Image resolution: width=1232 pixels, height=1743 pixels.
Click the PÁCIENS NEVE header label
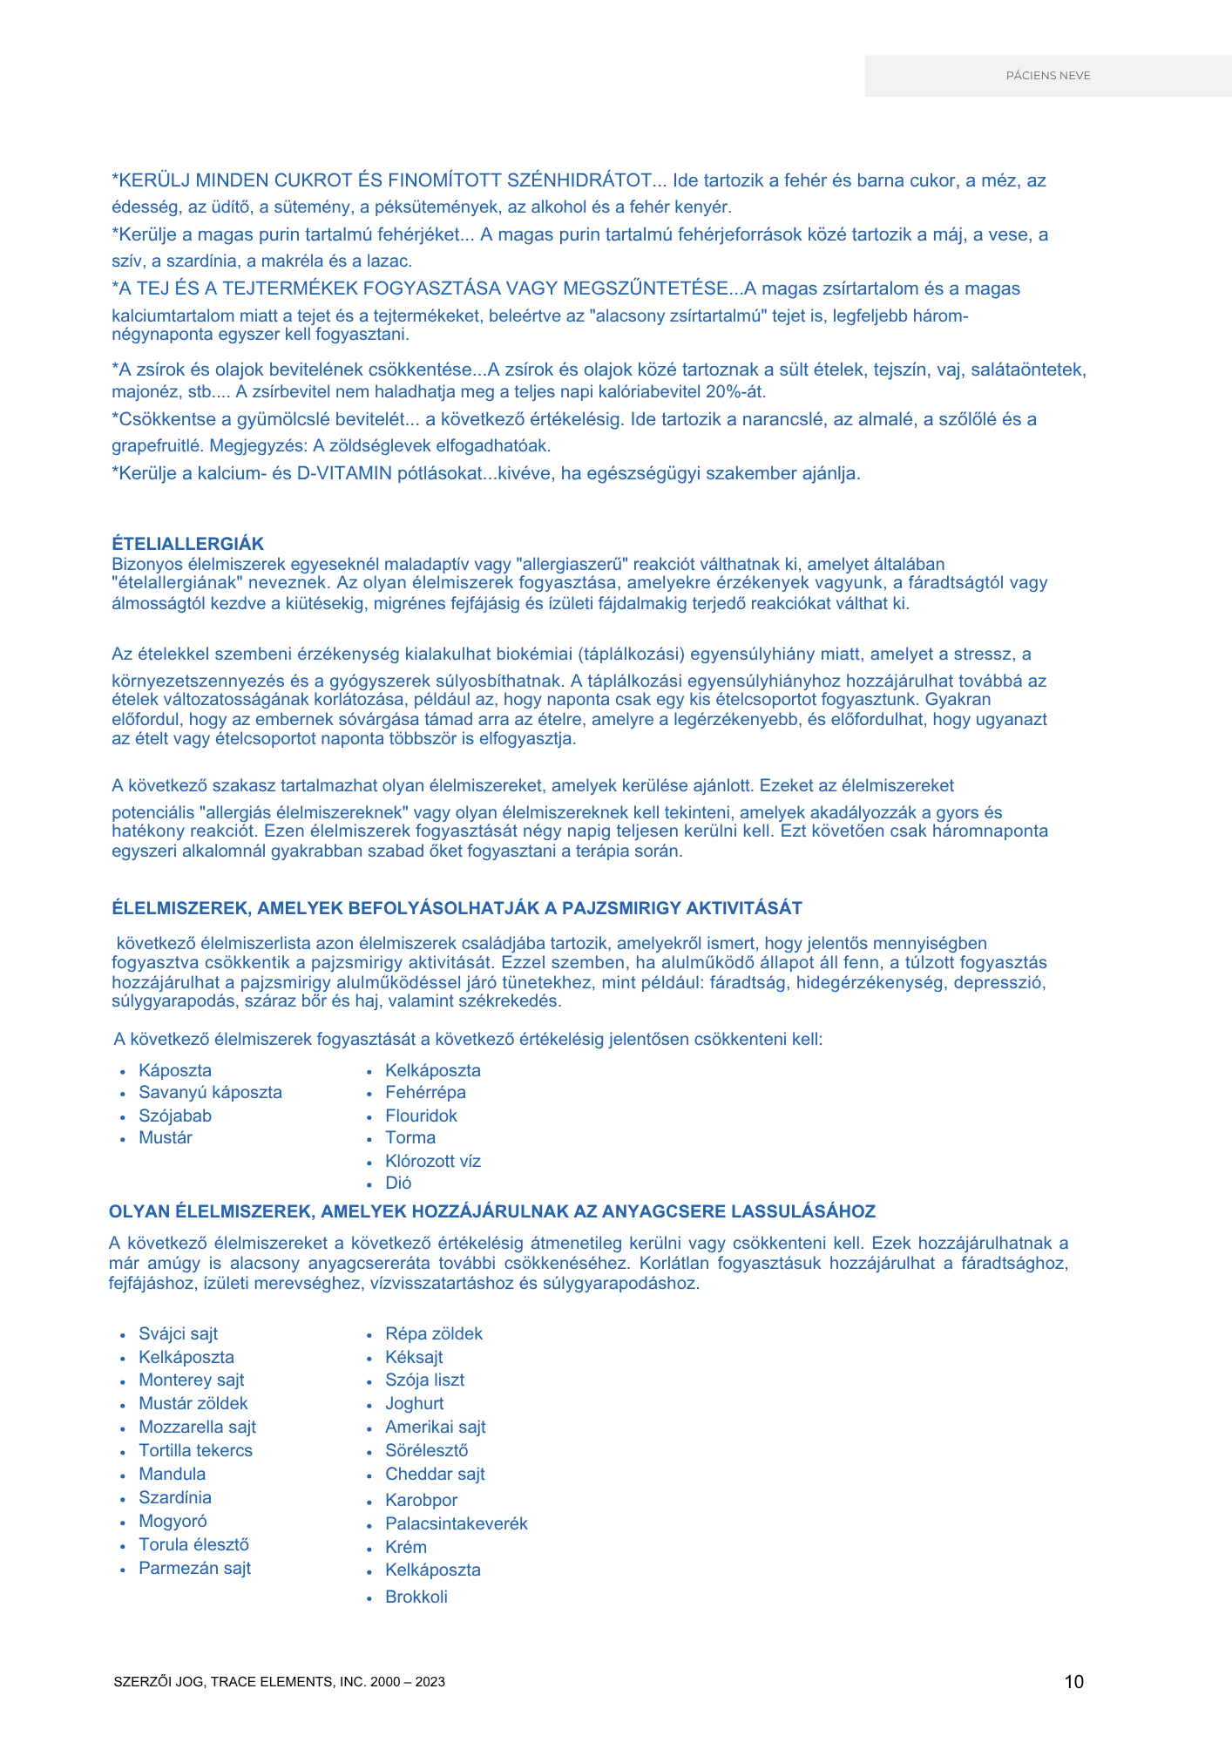coord(1048,76)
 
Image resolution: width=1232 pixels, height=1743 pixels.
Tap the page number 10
coord(1073,1682)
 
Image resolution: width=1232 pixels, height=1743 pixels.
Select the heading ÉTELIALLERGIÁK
coord(187,544)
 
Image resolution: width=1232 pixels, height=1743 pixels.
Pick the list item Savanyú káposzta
coord(210,1093)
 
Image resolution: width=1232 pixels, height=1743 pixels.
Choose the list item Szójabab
coord(175,1116)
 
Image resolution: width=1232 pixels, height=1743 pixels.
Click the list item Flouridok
coord(421,1116)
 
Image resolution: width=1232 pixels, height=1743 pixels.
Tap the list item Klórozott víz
coord(433,1161)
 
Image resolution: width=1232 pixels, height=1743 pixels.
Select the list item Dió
coord(398,1183)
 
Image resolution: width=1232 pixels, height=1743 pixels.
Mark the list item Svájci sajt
coord(178,1333)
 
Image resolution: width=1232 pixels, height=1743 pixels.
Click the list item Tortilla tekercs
coord(195,1450)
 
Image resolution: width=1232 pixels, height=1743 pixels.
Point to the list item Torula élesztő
coord(193,1544)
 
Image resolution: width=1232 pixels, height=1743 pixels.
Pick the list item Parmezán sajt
coord(194,1568)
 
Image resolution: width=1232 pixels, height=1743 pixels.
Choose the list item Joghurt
coord(414,1403)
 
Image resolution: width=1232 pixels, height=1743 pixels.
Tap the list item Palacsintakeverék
coord(457,1523)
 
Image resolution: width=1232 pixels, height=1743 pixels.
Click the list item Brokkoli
coord(416,1597)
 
